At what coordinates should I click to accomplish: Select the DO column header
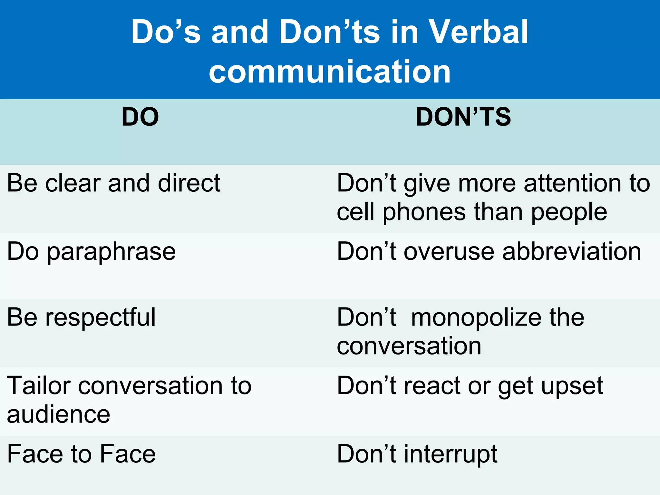click(x=140, y=117)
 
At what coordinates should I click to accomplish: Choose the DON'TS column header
click(x=463, y=117)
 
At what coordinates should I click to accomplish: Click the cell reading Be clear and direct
click(x=113, y=183)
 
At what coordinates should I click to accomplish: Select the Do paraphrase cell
click(x=92, y=252)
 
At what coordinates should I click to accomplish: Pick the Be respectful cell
click(x=81, y=317)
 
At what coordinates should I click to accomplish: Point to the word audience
click(x=58, y=414)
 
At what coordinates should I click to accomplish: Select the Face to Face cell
click(x=81, y=454)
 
